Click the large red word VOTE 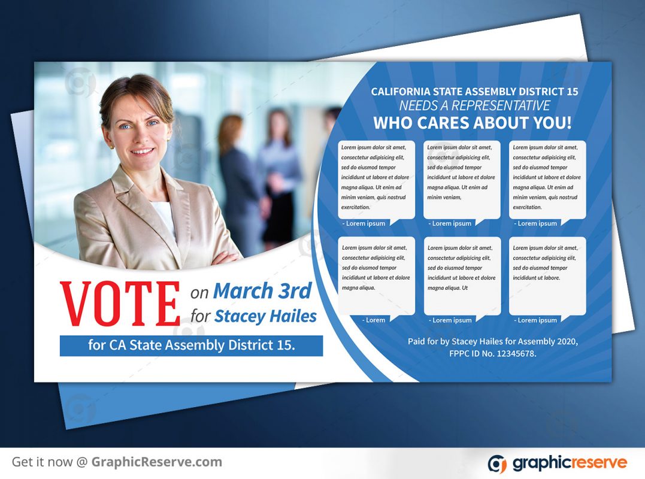pyautogui.click(x=120, y=304)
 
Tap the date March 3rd pyautogui.click(x=262, y=290)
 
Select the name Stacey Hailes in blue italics pyautogui.click(x=266, y=316)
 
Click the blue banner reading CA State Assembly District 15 pyautogui.click(x=191, y=345)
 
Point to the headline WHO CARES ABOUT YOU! pyautogui.click(x=473, y=123)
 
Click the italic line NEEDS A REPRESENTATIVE pyautogui.click(x=474, y=105)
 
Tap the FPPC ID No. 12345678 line pyautogui.click(x=493, y=354)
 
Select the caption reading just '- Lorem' pyautogui.click(x=374, y=320)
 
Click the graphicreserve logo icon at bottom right pyautogui.click(x=498, y=464)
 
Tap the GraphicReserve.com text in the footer pyautogui.click(x=157, y=462)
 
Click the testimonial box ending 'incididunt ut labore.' pyautogui.click(x=547, y=277)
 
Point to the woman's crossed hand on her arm pyautogui.click(x=225, y=259)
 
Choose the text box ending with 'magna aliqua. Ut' pyautogui.click(x=462, y=277)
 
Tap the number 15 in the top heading pyautogui.click(x=572, y=91)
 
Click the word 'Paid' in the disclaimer pyautogui.click(x=416, y=341)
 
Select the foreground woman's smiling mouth pyautogui.click(x=143, y=151)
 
